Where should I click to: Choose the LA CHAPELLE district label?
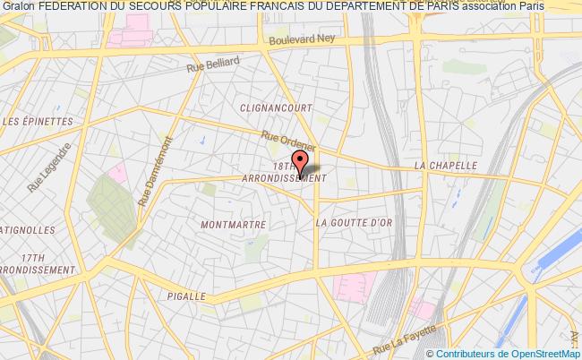[444, 167]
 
